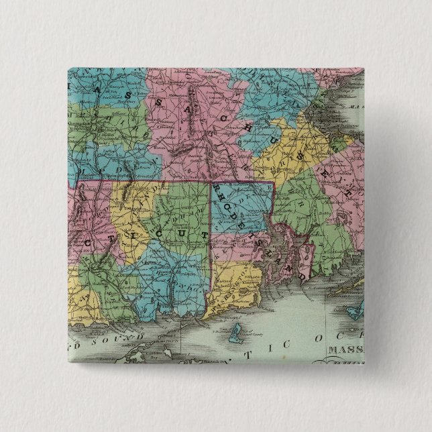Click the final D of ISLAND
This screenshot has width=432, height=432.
click(x=303, y=274)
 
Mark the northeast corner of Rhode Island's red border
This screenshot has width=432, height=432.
click(x=273, y=181)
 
